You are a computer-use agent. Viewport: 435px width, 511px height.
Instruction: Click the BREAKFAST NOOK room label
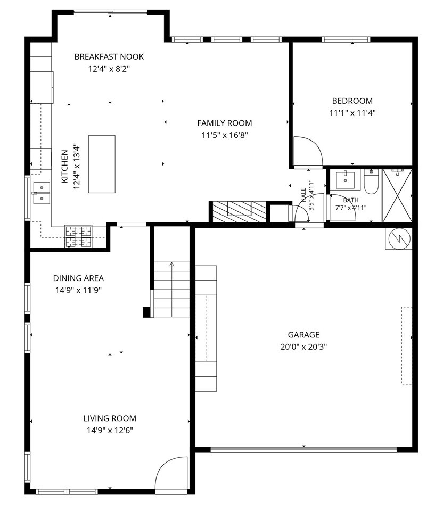point(109,57)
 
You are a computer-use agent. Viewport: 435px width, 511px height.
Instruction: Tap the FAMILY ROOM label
point(224,123)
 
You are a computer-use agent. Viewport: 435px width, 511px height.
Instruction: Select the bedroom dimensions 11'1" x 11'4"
point(352,113)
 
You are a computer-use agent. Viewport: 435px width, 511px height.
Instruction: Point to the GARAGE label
point(303,335)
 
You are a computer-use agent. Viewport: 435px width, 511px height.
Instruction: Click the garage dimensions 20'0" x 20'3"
point(303,347)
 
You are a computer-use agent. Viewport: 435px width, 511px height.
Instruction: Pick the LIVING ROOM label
point(110,418)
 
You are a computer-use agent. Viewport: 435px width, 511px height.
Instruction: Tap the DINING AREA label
point(78,278)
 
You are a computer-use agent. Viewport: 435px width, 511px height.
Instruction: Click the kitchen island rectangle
point(102,164)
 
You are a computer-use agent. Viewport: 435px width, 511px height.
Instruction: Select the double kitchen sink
point(42,193)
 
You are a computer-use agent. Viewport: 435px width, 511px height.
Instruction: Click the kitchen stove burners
point(78,236)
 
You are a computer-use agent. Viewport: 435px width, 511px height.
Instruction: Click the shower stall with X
point(397,195)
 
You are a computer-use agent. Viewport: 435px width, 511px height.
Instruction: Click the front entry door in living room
point(171,473)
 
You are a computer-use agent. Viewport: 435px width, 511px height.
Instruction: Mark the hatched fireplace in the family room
point(240,212)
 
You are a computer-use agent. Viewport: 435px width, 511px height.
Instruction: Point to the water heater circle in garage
point(399,239)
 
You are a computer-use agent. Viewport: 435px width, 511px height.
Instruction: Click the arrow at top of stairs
point(172,265)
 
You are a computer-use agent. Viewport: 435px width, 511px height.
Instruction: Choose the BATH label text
point(351,200)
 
